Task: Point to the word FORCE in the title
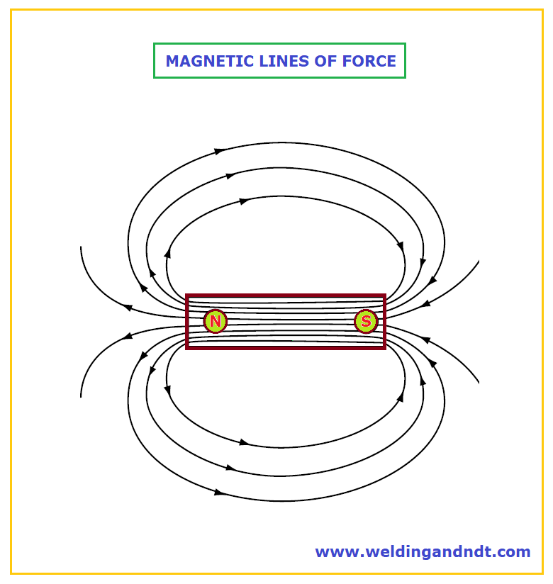[369, 61]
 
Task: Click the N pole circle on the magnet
[216, 321]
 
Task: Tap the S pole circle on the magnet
[366, 321]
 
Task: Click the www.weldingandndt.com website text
[423, 551]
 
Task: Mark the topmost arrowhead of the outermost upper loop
[220, 151]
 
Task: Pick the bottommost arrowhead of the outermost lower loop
[220, 493]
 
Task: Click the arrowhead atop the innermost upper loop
[245, 201]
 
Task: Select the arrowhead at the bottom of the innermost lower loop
[245, 442]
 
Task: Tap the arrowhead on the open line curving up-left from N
[128, 308]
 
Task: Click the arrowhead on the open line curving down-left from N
[128, 336]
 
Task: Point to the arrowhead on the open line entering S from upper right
[425, 304]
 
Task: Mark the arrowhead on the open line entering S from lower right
[425, 339]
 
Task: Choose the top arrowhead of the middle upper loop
[231, 176]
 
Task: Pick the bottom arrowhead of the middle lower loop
[231, 468]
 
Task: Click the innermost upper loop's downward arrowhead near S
[401, 246]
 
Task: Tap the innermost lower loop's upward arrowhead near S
[401, 397]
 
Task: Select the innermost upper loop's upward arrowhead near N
[168, 253]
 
